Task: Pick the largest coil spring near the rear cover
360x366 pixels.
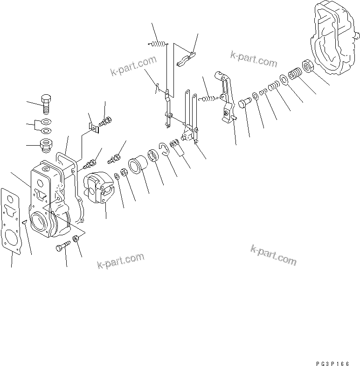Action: tap(295, 74)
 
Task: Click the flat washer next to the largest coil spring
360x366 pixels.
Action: tap(284, 79)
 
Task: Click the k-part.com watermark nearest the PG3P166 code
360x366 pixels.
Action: tap(273, 254)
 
